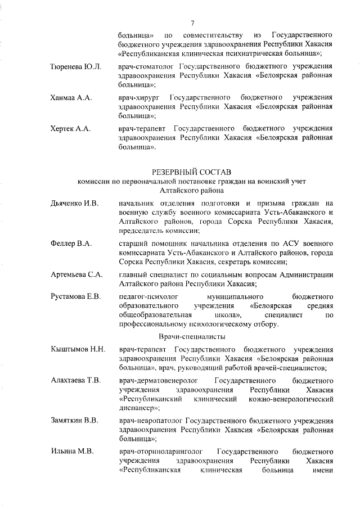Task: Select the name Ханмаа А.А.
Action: click(x=71, y=98)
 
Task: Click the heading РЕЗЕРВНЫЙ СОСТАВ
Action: click(x=192, y=170)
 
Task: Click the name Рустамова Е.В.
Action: click(x=76, y=296)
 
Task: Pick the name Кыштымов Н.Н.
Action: click(x=78, y=350)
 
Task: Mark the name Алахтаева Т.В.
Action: click(x=76, y=381)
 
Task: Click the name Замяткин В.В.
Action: click(x=75, y=421)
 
